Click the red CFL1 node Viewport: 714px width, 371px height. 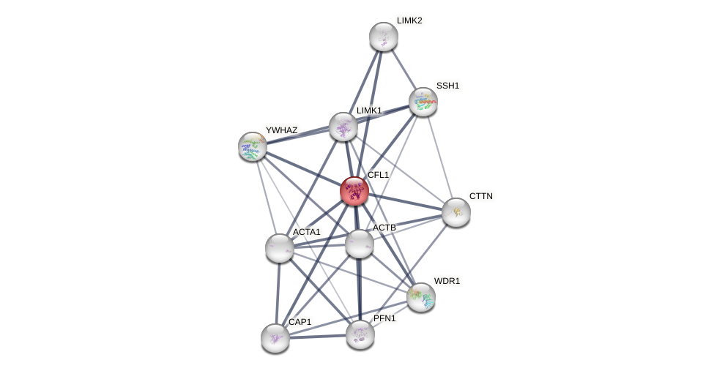coord(354,191)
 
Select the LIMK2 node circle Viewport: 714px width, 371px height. coord(384,37)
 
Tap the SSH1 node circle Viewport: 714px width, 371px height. coord(423,102)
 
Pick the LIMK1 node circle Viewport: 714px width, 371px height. coord(343,127)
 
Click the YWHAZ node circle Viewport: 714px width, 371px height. coord(253,146)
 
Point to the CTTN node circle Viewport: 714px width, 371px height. coord(456,212)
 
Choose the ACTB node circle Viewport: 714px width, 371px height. coord(360,244)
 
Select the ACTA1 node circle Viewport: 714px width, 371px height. coord(280,248)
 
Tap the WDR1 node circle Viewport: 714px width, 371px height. coord(421,297)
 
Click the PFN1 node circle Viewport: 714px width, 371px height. coord(360,334)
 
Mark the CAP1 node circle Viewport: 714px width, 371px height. coord(275,338)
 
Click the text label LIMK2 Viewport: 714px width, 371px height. coord(409,20)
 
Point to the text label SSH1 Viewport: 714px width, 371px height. coord(447,86)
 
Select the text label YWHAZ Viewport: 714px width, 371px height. coord(281,130)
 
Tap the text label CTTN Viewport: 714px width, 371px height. coord(481,196)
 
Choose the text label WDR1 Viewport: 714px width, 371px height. coord(447,281)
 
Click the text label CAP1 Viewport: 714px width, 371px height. coord(300,322)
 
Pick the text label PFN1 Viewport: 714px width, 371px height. coord(384,318)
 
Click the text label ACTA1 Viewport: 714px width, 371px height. coord(306,232)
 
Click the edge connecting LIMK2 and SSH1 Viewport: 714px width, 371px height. coord(404,70)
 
